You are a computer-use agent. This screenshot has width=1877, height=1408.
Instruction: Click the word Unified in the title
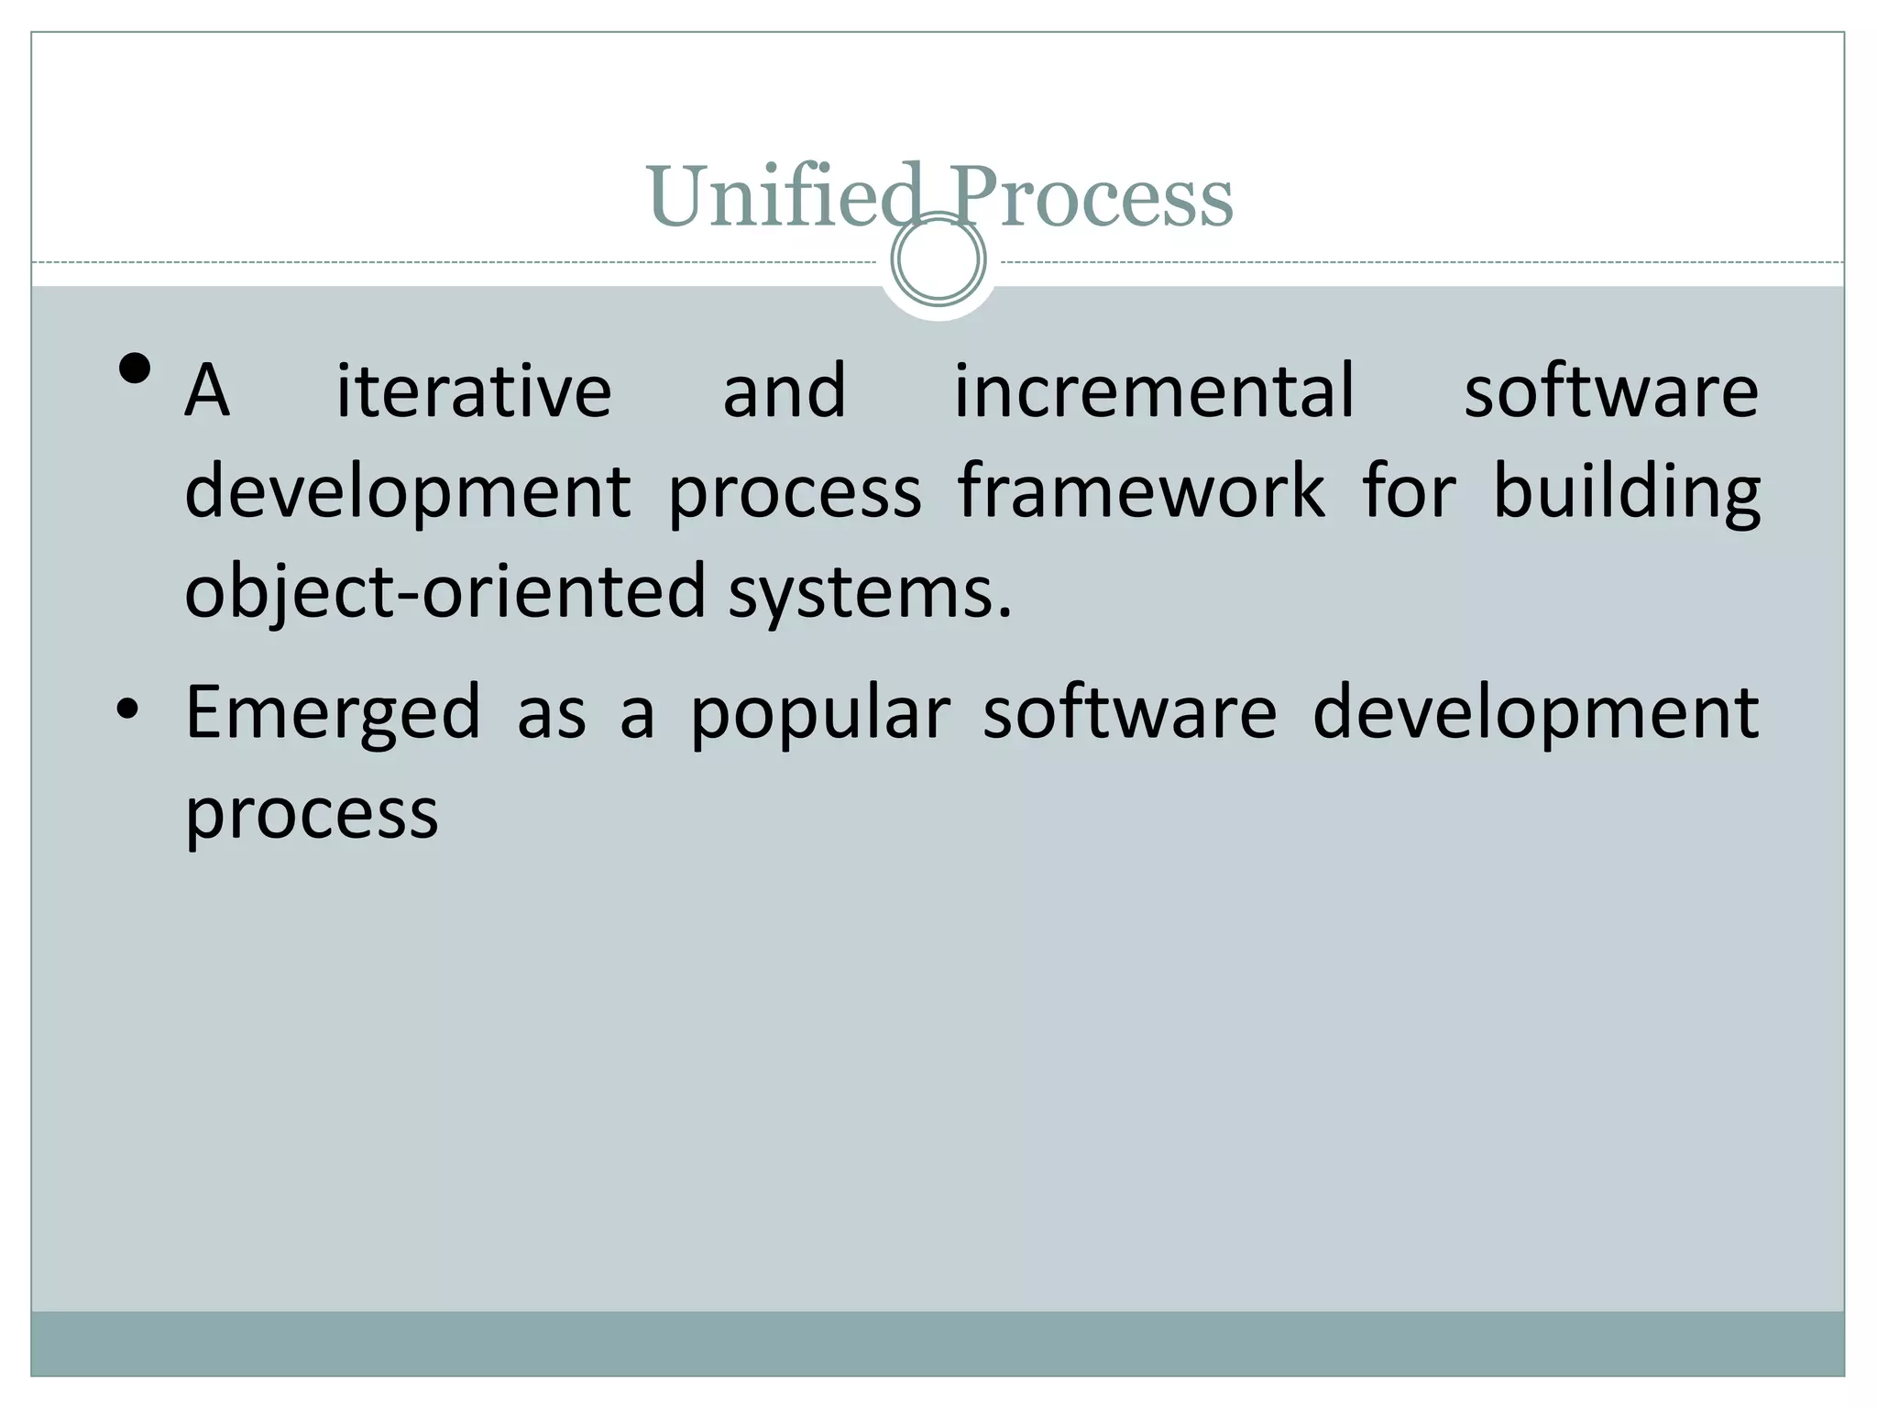(785, 196)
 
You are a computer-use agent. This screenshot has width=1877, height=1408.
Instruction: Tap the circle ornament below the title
(938, 259)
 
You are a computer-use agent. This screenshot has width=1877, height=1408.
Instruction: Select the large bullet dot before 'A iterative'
(135, 369)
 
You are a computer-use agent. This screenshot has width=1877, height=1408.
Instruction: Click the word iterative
(474, 391)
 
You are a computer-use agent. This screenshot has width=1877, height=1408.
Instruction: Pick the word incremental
(1154, 391)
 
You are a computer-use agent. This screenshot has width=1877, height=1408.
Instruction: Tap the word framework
(1141, 491)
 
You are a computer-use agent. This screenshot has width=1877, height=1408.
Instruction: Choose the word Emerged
(333, 713)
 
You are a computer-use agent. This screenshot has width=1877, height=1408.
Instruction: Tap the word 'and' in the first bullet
(784, 391)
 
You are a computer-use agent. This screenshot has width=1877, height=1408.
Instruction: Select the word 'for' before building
(1409, 491)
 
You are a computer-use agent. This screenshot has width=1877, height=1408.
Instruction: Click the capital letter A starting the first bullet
(207, 391)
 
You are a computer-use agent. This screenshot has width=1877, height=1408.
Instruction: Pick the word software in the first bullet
(1610, 391)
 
